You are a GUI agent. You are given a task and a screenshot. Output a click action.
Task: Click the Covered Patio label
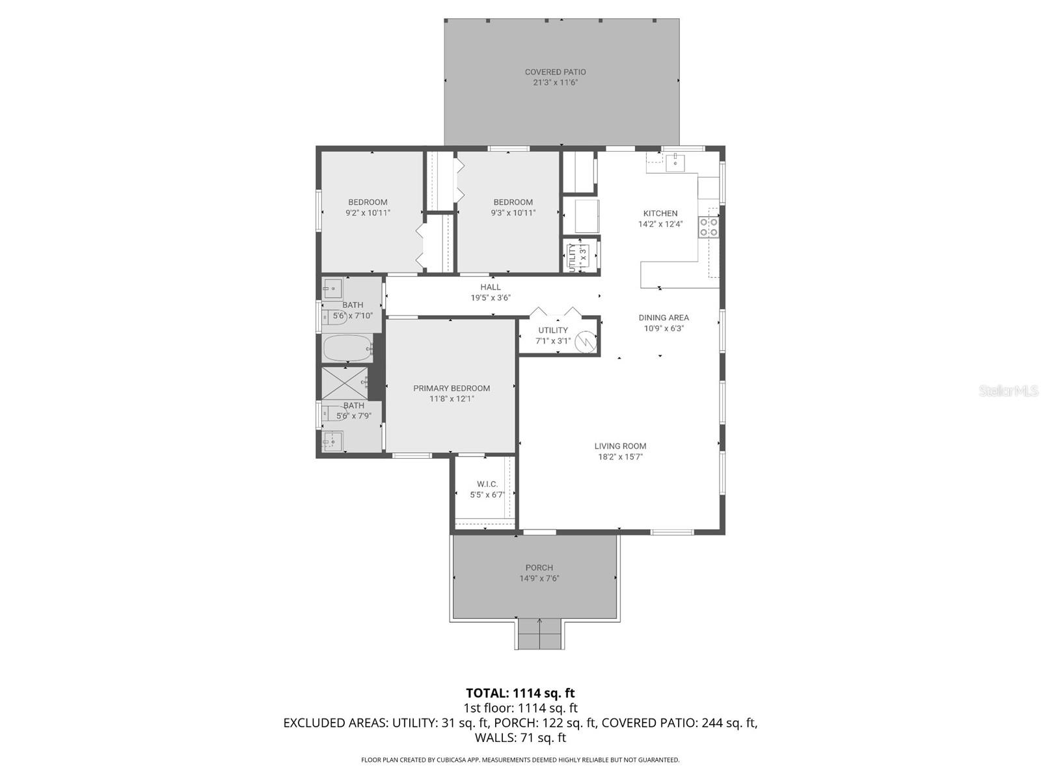coord(555,72)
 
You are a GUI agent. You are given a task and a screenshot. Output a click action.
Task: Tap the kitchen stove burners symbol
coord(709,227)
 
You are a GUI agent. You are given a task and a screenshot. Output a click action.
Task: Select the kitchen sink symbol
coord(675,160)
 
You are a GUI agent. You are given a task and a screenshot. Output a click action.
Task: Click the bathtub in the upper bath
coord(347,348)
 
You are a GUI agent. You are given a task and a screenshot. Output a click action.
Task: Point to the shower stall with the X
coord(345,383)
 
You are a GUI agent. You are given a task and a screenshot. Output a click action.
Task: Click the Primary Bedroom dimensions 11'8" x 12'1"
coord(452,399)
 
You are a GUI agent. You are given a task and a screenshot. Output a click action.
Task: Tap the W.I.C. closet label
coord(487,484)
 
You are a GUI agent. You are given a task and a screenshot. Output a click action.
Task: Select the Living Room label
coord(620,446)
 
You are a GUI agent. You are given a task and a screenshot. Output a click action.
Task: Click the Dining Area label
coord(663,318)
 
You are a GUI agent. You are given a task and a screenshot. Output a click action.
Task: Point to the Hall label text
coord(491,287)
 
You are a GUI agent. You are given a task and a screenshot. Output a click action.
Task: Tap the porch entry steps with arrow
coord(539,633)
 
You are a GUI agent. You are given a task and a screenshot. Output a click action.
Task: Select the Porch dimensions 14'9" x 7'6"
coord(539,579)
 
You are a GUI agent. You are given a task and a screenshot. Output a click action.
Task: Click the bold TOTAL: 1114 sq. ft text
coord(520,693)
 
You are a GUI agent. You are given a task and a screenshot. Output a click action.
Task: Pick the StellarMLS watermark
coord(1008,390)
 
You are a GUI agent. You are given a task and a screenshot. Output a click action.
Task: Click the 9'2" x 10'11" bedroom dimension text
coord(368,213)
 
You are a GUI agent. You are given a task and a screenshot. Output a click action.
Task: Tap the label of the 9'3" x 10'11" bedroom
coord(513,202)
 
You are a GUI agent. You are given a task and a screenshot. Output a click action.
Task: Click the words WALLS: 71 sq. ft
coord(520,738)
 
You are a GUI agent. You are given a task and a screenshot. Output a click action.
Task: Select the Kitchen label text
coord(660,213)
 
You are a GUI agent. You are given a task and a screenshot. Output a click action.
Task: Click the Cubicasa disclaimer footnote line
coord(520,760)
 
